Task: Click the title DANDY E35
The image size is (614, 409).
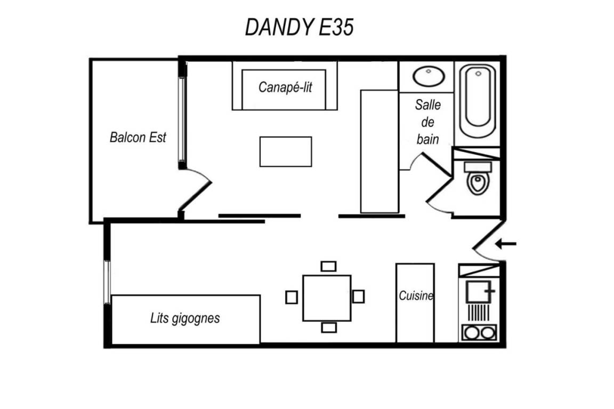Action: tap(299, 27)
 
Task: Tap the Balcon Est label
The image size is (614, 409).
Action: tap(138, 137)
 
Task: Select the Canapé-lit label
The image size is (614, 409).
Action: tap(285, 87)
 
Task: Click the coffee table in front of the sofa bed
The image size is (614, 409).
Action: tap(286, 151)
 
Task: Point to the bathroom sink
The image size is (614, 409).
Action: tap(429, 76)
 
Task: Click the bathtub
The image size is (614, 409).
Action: tap(478, 101)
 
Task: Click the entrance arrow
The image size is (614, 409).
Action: tap(505, 244)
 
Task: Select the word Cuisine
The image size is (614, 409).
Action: tap(416, 296)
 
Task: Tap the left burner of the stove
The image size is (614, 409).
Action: tap(471, 333)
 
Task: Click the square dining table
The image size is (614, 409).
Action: tap(327, 298)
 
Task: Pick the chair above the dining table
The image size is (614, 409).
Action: tap(328, 266)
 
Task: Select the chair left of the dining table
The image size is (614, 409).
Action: tap(292, 298)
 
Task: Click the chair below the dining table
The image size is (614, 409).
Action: tap(329, 327)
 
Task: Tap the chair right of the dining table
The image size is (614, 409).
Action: tap(358, 296)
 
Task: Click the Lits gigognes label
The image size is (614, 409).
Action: tap(185, 318)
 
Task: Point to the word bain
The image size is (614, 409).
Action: tap(427, 139)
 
